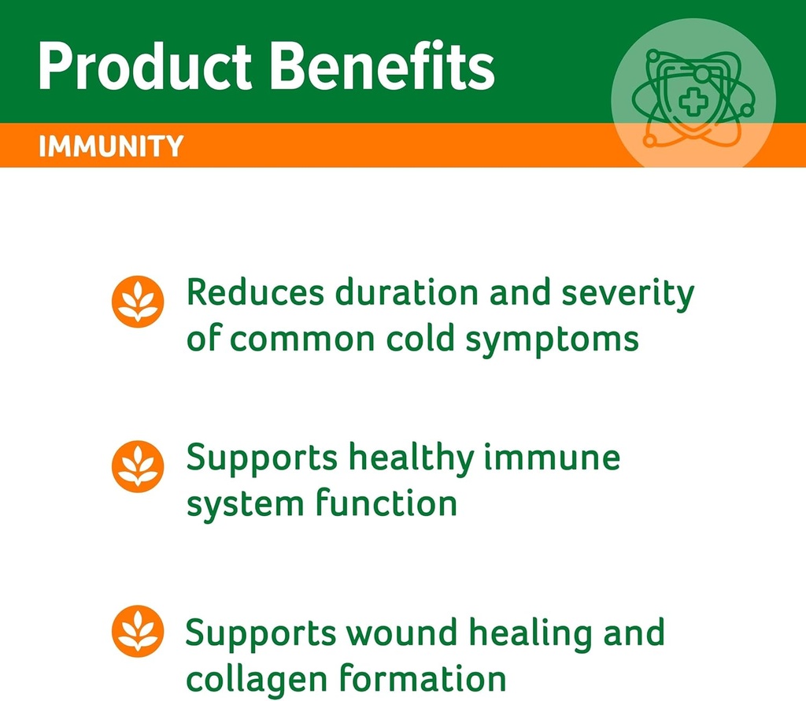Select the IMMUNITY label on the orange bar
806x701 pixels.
pos(111,147)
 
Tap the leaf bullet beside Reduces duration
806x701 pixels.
pos(138,302)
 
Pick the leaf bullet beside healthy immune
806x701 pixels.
pos(138,466)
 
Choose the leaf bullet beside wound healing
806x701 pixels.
pos(138,632)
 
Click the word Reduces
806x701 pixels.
pos(255,293)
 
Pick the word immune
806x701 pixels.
pos(551,458)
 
